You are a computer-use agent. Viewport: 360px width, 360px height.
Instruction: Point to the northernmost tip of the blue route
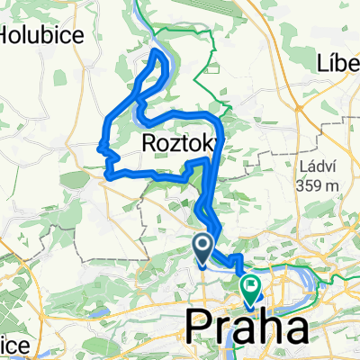pyautogui.click(x=159, y=51)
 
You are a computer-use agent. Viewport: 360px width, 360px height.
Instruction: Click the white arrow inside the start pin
pyautogui.click(x=203, y=245)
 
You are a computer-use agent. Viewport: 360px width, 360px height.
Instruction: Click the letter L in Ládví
pyautogui.click(x=301, y=166)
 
